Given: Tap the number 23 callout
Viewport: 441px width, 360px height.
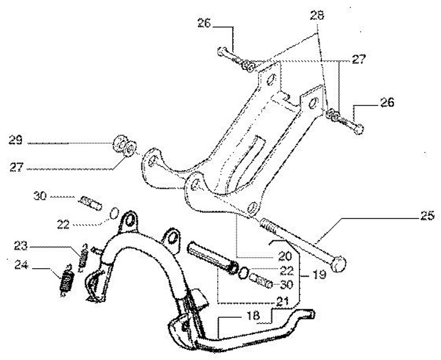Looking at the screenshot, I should (x=21, y=247).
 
